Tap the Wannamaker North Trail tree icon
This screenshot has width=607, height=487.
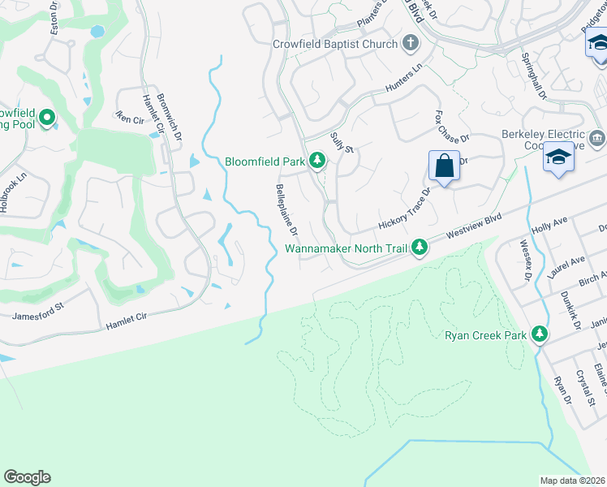419,247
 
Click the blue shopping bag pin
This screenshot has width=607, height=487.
444,167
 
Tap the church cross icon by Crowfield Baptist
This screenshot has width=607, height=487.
411,43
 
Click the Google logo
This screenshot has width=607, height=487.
27,477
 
